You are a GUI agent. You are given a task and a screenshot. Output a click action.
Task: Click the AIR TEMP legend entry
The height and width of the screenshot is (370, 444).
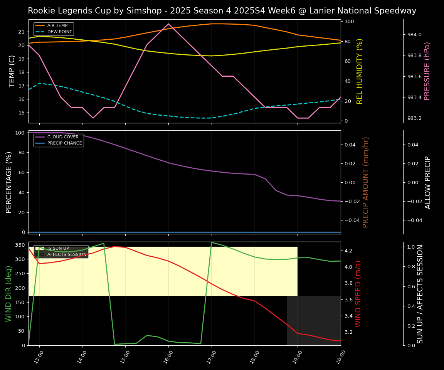coord(57,26)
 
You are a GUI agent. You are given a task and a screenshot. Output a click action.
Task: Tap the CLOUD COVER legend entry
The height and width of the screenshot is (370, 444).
coord(63,137)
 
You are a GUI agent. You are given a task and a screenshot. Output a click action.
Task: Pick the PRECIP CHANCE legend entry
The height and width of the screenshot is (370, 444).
coord(64,143)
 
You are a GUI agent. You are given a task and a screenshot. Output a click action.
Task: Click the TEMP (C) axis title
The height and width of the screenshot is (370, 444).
coord(12,71)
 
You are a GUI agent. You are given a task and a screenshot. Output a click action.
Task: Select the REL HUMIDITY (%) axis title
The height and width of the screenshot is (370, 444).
coord(360,71)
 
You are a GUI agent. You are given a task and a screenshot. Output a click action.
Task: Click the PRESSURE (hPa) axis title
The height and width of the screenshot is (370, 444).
coord(427,71)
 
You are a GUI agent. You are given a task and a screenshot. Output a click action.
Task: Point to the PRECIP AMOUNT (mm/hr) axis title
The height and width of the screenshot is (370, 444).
coord(366,182)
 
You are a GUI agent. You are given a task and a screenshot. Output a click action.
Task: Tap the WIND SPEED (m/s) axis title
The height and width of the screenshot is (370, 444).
coord(358,294)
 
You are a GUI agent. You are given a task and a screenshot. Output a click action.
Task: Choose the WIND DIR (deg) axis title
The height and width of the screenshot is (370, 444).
coord(8,294)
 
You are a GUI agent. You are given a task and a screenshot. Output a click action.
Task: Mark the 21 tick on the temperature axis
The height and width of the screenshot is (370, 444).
coord(22,32)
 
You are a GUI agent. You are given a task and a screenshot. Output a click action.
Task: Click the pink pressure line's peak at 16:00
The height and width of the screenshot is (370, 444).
coord(168,24)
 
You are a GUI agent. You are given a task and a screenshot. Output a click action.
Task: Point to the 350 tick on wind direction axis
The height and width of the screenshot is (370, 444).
coord(20,245)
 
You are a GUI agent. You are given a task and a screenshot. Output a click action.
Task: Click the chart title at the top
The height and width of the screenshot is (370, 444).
coord(222,11)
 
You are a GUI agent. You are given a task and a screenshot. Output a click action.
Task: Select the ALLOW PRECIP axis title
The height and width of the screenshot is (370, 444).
coord(428,182)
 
